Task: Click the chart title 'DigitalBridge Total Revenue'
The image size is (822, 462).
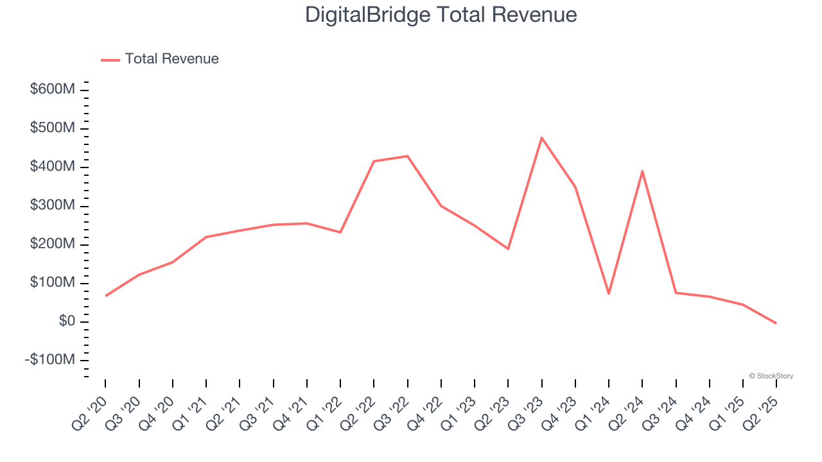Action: [x=441, y=15]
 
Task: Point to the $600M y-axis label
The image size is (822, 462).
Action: [x=52, y=89]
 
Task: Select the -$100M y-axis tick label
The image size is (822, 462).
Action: [x=49, y=360]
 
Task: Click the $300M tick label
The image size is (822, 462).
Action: [x=52, y=205]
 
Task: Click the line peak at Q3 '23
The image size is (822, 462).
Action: [x=541, y=137]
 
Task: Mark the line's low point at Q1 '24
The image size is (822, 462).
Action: [x=609, y=294]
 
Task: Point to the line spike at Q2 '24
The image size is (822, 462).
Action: [x=642, y=171]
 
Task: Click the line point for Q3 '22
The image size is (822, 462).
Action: [x=408, y=156]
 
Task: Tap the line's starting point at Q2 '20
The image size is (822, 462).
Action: [x=105, y=296]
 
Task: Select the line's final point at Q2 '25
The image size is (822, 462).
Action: [x=776, y=323]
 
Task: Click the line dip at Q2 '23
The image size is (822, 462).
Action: [x=508, y=249]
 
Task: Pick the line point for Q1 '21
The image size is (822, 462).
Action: [x=206, y=237]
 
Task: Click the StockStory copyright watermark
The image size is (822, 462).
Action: [x=771, y=376]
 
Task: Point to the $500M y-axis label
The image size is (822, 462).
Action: [x=52, y=128]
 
